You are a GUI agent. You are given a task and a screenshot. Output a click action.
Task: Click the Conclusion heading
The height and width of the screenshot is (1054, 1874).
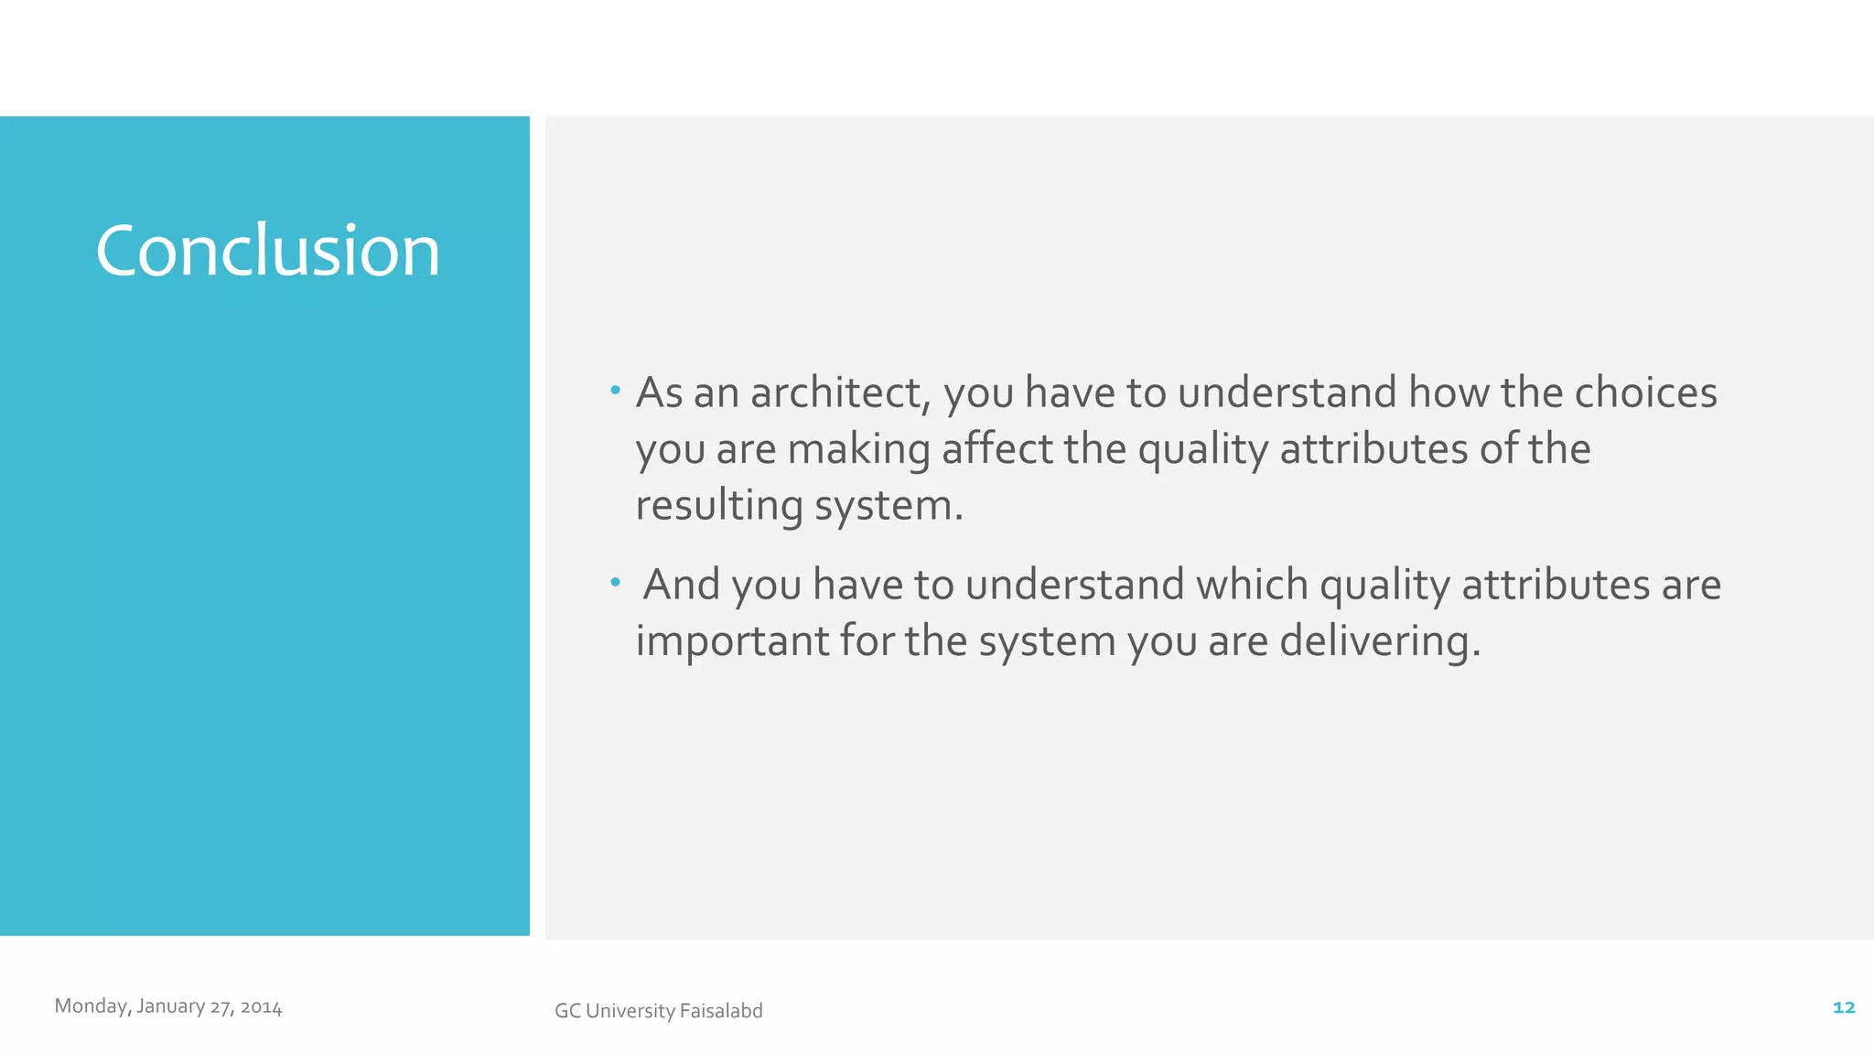point(267,251)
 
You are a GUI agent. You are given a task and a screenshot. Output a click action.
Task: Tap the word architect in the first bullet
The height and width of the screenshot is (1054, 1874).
point(840,393)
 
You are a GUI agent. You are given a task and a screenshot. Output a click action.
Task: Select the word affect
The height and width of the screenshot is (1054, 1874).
point(997,449)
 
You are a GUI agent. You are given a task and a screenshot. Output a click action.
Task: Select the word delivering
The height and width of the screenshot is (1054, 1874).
point(1379,641)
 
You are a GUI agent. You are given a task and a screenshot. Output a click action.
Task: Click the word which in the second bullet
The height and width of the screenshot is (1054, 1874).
point(1252,585)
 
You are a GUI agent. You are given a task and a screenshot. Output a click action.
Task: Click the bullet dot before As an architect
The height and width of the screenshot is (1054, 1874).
point(615,392)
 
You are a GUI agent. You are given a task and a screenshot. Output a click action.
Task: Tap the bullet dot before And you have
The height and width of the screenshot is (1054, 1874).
point(615,582)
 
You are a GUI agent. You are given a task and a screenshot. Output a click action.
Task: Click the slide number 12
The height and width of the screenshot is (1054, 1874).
point(1843,1007)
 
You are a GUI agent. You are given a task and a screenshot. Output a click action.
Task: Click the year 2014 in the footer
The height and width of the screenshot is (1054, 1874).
point(261,1007)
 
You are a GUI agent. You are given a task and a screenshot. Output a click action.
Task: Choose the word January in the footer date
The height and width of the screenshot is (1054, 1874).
point(170,1006)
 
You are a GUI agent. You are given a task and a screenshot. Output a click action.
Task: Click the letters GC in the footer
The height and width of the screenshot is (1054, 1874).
point(566,1011)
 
